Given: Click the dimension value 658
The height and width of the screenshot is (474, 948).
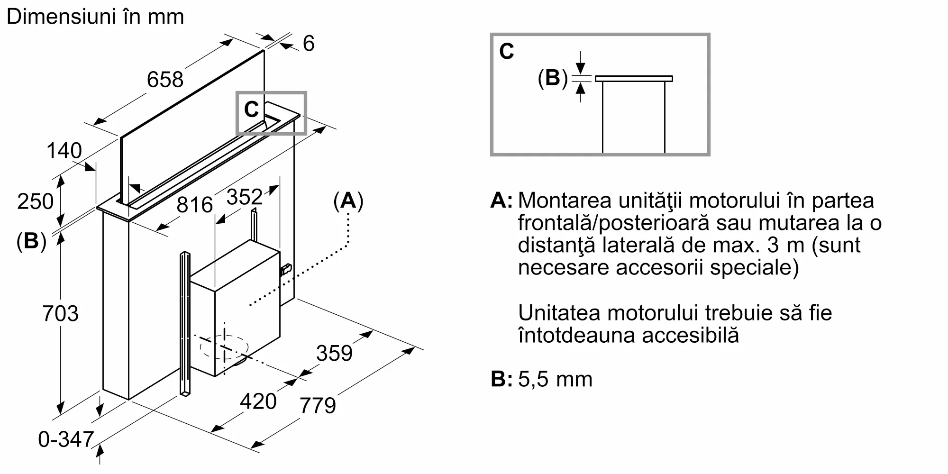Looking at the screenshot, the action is [165, 79].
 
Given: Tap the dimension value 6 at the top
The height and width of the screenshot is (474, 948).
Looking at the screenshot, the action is [309, 44].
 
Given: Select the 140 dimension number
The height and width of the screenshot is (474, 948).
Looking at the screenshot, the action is [64, 151].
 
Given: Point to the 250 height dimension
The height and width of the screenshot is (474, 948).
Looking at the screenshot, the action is [35, 201].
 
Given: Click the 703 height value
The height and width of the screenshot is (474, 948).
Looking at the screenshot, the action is [60, 313].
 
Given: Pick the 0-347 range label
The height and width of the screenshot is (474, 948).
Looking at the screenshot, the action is [66, 439].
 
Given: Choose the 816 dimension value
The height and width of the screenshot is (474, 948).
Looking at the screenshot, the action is [194, 205].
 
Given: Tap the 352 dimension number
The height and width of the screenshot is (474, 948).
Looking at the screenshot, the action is [245, 197].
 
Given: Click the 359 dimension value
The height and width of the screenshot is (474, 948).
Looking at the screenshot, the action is [334, 353].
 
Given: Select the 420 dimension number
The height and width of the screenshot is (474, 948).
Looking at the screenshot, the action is [258, 401].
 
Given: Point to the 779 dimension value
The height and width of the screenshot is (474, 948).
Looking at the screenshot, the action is [318, 405].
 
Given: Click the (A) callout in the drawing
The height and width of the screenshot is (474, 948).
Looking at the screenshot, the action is [348, 201].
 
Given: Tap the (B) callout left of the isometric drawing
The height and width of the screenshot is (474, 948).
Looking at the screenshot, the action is [31, 241].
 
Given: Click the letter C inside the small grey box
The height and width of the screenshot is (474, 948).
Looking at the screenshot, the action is [251, 109].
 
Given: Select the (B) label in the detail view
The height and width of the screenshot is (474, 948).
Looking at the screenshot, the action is [553, 78].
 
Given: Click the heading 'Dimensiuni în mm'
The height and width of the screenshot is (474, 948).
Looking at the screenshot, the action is [95, 17].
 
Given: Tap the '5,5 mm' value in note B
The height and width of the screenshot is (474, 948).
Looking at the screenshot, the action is [555, 379].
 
